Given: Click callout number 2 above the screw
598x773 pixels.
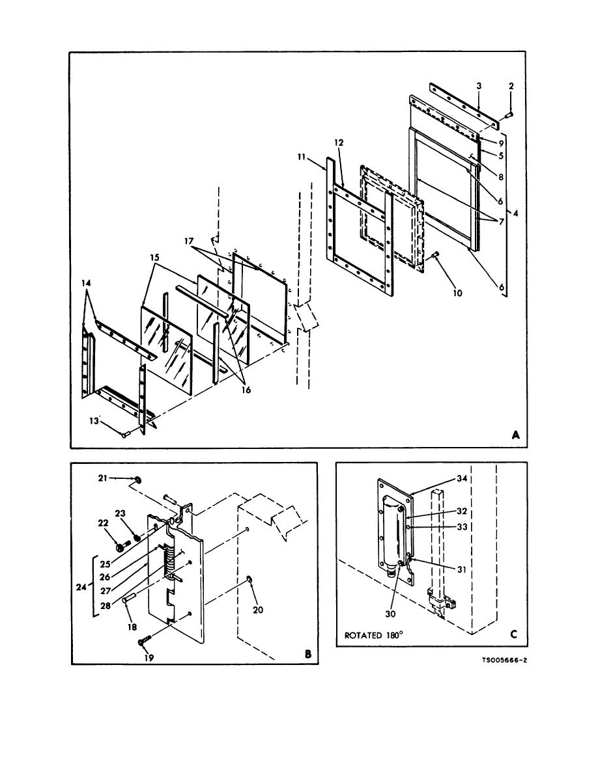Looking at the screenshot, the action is click(x=511, y=86).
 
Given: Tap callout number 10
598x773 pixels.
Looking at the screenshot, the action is click(x=457, y=293).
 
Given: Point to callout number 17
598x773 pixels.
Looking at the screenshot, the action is click(x=189, y=241).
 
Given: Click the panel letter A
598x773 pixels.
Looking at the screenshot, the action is click(x=516, y=435).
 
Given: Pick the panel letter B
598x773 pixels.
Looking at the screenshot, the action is click(x=308, y=654).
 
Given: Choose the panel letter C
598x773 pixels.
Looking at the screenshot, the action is click(x=513, y=634).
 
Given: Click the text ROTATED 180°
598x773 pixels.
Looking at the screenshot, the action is click(x=373, y=635).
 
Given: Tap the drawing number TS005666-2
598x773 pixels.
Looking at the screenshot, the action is click(x=504, y=660).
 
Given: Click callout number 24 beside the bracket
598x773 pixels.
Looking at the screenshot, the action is click(x=81, y=587).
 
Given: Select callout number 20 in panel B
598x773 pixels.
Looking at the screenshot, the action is click(x=257, y=610).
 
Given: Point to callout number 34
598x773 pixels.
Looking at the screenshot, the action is click(x=462, y=478).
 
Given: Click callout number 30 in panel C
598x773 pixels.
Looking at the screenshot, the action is click(x=390, y=614).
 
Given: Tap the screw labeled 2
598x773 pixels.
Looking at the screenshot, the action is click(x=509, y=115).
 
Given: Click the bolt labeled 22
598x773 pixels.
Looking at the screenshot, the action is click(x=121, y=547).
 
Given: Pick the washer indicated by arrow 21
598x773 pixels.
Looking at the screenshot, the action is click(x=137, y=479).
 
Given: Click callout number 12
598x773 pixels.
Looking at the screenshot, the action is click(x=339, y=142).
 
